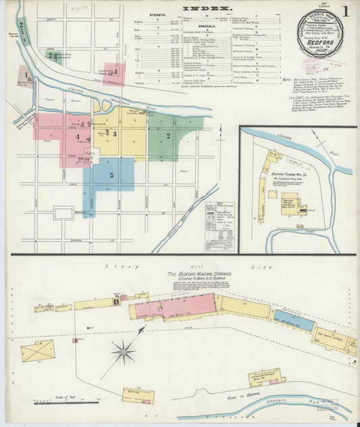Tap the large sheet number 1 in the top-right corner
click(344, 11)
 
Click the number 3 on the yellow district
click(115, 134)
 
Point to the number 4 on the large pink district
click(78, 136)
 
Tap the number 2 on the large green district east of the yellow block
click(168, 135)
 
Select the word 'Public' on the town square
click(90, 153)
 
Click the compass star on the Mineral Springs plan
click(124, 351)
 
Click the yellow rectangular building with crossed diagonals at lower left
click(37, 351)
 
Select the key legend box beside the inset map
click(217, 216)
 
